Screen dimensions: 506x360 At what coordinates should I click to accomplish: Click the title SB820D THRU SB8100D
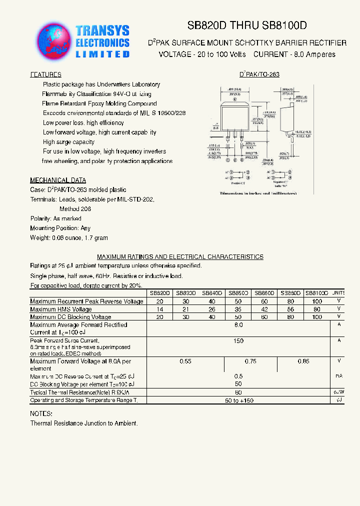click(247, 25)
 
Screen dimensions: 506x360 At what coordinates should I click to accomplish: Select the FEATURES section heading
click(45, 74)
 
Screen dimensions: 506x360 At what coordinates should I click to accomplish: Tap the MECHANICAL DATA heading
click(58, 180)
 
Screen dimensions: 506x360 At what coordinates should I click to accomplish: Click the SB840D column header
click(212, 293)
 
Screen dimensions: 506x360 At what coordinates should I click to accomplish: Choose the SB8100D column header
click(316, 293)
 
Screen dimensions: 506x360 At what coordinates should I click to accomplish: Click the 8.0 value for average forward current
click(238, 325)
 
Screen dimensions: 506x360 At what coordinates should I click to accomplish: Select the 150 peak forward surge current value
click(238, 341)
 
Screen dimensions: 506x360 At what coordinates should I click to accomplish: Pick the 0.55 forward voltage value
click(185, 361)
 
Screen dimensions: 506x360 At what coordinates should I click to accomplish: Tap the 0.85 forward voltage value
click(303, 361)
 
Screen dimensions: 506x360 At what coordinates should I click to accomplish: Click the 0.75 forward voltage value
click(250, 361)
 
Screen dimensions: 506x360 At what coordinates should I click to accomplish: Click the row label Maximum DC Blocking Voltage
click(70, 317)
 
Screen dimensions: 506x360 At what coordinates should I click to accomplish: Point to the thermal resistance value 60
click(238, 392)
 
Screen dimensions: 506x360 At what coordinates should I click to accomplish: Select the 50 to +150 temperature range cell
click(238, 400)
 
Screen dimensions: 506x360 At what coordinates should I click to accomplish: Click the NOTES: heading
click(41, 414)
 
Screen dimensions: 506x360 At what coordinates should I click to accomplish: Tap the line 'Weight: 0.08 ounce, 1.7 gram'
click(69, 238)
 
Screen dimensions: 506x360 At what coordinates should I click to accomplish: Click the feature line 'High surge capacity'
click(68, 142)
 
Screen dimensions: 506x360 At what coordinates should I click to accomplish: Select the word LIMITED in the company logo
click(102, 54)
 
